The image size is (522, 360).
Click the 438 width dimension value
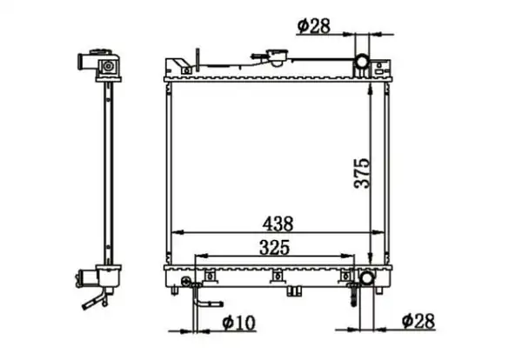(x=278, y=223)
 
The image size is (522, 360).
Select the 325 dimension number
(x=275, y=248)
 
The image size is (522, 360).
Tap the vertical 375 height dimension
(x=362, y=173)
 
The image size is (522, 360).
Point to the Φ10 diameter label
(x=238, y=322)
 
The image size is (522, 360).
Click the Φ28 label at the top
(x=313, y=26)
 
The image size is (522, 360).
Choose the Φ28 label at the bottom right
(x=418, y=321)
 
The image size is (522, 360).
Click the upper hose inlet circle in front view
(x=362, y=61)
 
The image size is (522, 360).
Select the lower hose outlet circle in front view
(x=367, y=277)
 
